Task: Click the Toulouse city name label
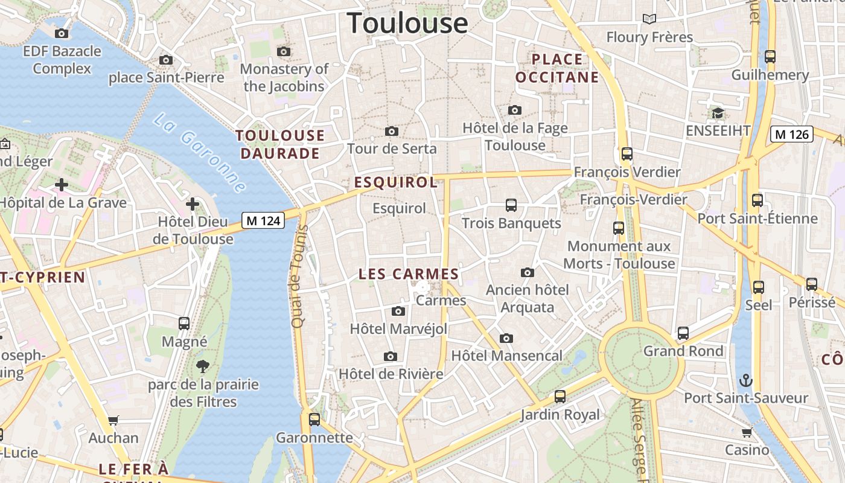click(407, 23)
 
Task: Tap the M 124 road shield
click(264, 221)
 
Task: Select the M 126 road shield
click(791, 134)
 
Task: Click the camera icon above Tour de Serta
click(392, 131)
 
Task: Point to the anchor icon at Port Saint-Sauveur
click(747, 380)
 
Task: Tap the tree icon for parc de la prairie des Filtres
click(203, 365)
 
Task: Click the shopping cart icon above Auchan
click(113, 420)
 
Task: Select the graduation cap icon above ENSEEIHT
click(718, 113)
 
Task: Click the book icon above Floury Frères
click(649, 19)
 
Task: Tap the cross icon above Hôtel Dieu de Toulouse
click(193, 204)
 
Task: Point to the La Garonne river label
click(200, 153)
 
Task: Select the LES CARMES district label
click(409, 274)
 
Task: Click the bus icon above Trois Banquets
click(511, 205)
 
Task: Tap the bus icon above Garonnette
click(314, 419)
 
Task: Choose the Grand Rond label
click(683, 351)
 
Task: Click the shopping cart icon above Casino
click(747, 432)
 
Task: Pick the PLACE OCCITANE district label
click(557, 68)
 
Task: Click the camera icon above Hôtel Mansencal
click(506, 338)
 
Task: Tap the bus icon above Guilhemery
click(770, 57)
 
